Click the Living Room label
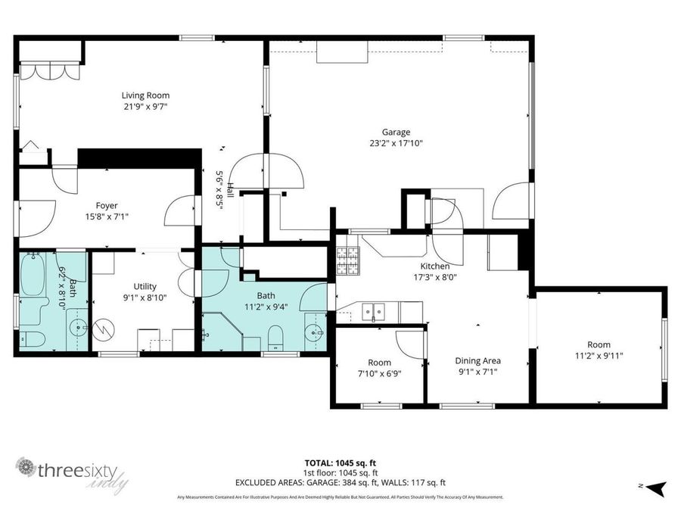pos(145,95)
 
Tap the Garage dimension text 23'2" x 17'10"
pos(390,143)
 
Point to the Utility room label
pos(145,286)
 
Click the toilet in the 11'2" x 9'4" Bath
pos(276,335)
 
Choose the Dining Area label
pos(477,361)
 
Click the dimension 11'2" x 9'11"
pos(600,356)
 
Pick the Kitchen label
pos(435,266)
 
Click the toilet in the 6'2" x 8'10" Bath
pos(33,338)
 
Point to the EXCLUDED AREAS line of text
pos(340,482)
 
